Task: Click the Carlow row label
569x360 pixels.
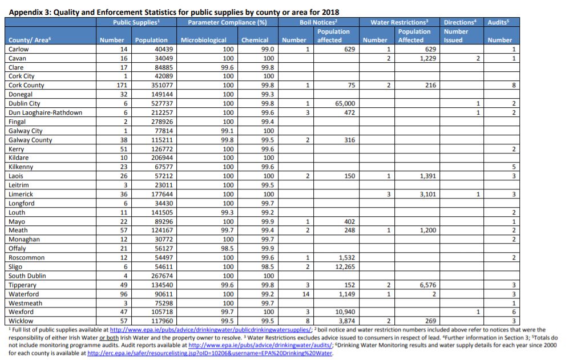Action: click(18, 50)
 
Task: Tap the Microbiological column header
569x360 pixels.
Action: click(203, 40)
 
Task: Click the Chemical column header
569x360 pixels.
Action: click(255, 40)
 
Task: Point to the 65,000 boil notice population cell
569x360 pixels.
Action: click(345, 103)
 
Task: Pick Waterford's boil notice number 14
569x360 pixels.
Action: click(306, 294)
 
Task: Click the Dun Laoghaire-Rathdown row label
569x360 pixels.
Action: click(45, 112)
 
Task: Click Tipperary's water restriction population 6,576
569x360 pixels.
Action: click(428, 285)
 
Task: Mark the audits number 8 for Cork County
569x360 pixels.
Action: click(514, 85)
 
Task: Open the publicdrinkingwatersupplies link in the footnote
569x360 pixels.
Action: click(211, 330)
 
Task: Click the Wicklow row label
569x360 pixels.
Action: click(21, 321)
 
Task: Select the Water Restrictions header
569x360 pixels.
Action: click(399, 22)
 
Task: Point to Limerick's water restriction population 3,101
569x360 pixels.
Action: click(428, 194)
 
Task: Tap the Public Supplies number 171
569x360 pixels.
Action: click(122, 85)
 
